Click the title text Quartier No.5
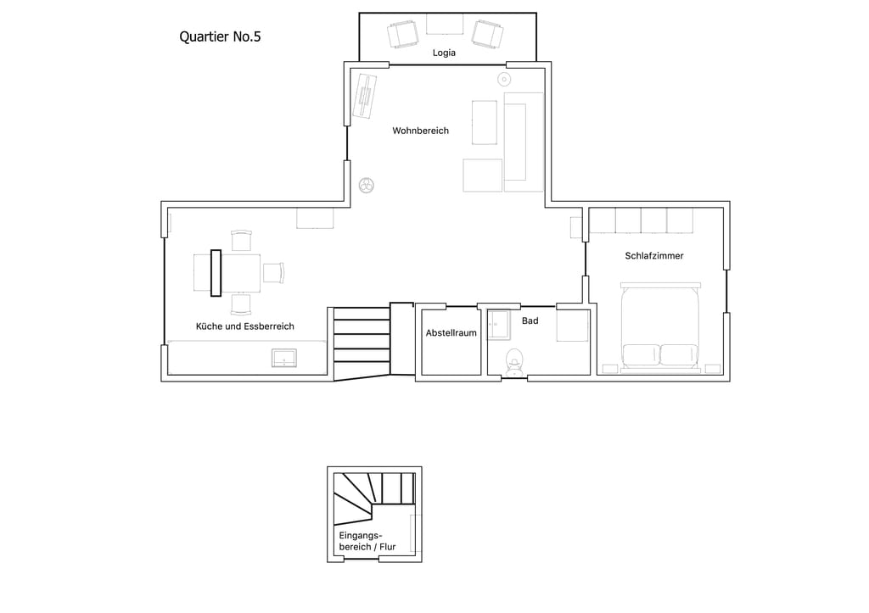220,36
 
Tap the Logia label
444,53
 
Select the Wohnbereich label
421,131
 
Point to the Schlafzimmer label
654,256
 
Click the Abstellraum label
451,333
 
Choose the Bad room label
530,320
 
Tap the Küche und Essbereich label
245,326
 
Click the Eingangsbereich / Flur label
367,541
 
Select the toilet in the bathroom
514,362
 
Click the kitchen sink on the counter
284,358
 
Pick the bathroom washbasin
499,324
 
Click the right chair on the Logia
488,33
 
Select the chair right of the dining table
273,272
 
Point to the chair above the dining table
241,241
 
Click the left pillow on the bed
642,355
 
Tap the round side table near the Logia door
504,79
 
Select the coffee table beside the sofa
485,122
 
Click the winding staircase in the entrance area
374,497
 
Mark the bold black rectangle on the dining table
216,273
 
